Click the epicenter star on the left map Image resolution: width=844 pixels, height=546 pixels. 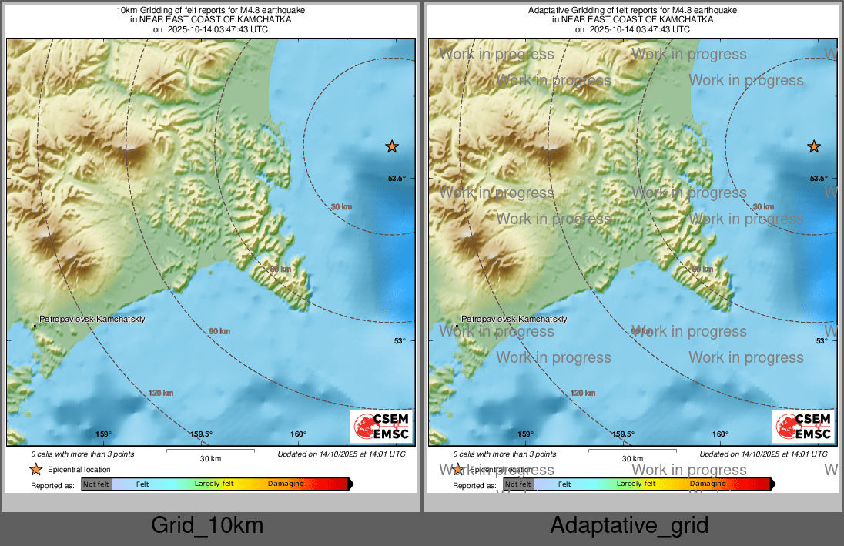point(392,146)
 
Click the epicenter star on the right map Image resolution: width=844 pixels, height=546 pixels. point(814,146)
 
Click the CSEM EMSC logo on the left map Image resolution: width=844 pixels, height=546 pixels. point(381,427)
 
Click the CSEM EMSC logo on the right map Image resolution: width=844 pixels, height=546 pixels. point(803,427)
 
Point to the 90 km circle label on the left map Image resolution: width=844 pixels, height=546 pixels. point(219,331)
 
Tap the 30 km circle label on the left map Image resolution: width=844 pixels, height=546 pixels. point(341,206)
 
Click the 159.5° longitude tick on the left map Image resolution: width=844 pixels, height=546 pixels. point(202,434)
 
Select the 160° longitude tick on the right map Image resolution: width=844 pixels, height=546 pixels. point(720,434)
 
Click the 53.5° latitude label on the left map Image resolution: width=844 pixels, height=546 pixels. point(397,179)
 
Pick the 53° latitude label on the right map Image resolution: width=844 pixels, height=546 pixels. point(822,340)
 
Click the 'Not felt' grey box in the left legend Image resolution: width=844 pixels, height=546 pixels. point(96,484)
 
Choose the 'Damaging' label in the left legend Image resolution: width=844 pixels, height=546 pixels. point(286,484)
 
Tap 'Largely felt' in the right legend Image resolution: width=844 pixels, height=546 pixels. point(636,484)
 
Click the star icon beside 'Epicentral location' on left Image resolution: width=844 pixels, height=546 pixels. point(35,469)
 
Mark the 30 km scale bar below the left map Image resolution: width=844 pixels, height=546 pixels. point(210,451)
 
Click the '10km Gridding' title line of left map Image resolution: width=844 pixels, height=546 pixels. point(210,11)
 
